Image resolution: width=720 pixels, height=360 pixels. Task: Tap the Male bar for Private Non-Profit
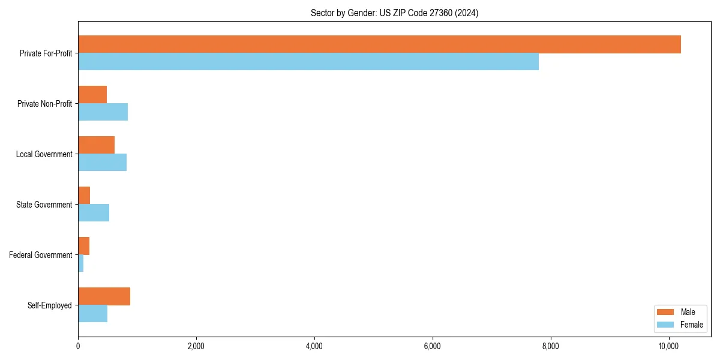tap(92, 95)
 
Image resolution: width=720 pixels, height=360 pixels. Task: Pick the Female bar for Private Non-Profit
tap(103, 112)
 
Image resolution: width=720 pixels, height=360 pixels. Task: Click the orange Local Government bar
tap(96, 145)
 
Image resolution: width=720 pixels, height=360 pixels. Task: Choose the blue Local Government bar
tap(102, 163)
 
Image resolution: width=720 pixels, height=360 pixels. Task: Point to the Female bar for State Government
tap(94, 213)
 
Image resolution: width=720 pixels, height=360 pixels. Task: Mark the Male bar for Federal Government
tap(84, 246)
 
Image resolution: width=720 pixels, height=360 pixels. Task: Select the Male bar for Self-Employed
tap(104, 296)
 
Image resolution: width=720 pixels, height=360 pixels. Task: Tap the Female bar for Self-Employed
tap(92, 314)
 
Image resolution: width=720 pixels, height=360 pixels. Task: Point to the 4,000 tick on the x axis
tap(314, 346)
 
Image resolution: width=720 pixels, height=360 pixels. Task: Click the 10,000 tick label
tap(668, 346)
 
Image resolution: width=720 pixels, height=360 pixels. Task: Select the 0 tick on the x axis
tap(78, 346)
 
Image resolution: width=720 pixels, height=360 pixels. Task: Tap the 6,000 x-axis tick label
tap(432, 346)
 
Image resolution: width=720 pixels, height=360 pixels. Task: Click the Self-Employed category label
tap(50, 305)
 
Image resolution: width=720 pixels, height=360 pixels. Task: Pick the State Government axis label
tap(44, 205)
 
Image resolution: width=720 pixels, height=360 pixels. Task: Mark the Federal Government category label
tap(41, 255)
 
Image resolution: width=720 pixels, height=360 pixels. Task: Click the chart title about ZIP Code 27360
tap(394, 13)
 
